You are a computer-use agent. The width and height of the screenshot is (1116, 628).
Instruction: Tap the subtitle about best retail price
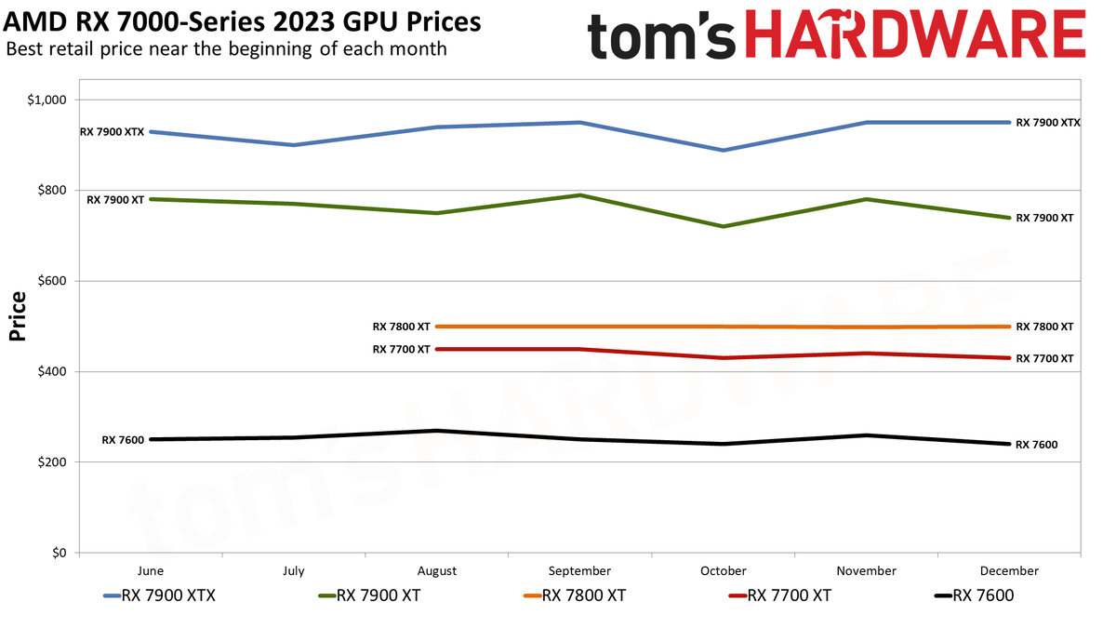226,48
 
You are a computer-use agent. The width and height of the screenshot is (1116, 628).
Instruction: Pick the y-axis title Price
17,317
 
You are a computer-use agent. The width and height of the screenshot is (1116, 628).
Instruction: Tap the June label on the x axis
151,571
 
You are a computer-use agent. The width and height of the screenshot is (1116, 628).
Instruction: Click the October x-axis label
723,571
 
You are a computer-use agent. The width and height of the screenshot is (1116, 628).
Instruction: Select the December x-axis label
1008,571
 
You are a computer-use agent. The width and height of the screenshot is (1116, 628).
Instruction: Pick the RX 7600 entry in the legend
973,596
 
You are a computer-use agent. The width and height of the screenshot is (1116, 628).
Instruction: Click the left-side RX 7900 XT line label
115,200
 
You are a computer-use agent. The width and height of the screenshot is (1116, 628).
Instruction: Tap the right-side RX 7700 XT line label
1044,359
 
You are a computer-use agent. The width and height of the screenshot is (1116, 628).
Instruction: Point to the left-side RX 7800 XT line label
401,327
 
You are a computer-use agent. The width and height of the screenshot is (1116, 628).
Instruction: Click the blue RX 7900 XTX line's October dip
723,150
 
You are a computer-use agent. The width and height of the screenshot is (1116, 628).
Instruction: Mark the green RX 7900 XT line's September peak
579,195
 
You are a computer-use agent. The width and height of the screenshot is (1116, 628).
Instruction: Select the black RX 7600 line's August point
437,431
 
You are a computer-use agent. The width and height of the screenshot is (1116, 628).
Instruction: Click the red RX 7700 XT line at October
723,358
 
